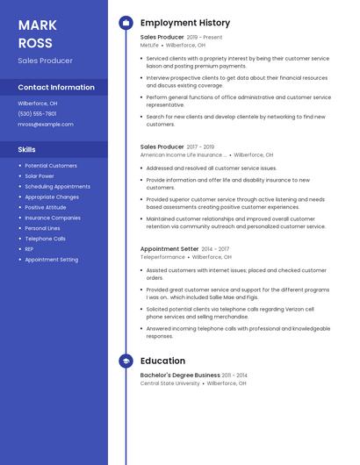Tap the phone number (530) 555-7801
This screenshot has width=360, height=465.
(x=37, y=113)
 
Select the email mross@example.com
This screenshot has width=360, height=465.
(x=46, y=125)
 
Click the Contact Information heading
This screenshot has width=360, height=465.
(x=56, y=88)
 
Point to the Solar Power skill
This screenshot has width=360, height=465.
(x=40, y=175)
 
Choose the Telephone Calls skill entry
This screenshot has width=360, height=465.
(x=45, y=239)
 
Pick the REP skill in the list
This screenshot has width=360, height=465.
(x=29, y=249)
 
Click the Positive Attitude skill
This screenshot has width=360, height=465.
(x=46, y=207)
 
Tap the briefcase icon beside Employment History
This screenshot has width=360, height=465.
(x=126, y=23)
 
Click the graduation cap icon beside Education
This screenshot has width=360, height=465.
(x=126, y=361)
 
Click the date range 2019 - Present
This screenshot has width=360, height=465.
(x=205, y=38)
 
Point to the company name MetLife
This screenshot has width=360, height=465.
(x=150, y=45)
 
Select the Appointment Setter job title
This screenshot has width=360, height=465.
(x=169, y=249)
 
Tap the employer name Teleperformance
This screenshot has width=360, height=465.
(x=162, y=257)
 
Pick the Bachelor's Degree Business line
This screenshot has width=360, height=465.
(x=180, y=376)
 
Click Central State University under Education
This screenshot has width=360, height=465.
(x=169, y=383)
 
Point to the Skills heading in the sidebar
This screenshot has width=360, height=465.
(x=26, y=149)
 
